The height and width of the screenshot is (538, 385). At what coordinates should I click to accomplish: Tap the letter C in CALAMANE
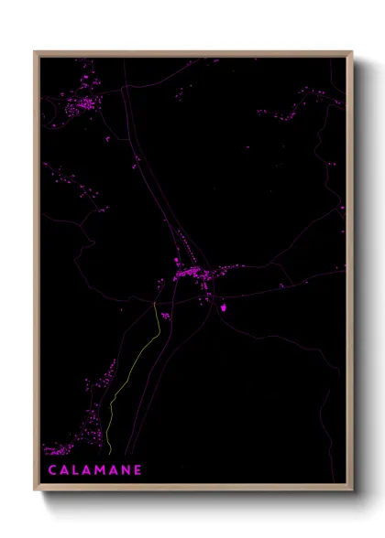pyautogui.click(x=51, y=470)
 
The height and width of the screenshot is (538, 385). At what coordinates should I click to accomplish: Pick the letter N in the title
pyautogui.click(x=126, y=470)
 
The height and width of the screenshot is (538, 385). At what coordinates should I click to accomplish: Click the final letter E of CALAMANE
pyautogui.click(x=138, y=470)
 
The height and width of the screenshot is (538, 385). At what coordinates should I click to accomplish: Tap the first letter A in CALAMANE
pyautogui.click(x=64, y=470)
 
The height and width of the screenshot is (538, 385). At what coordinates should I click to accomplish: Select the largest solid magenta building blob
pyautogui.click(x=223, y=308)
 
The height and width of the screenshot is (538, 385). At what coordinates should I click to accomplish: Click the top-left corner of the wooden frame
pyautogui.click(x=35, y=51)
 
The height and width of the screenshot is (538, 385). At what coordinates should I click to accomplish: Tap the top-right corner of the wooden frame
pyautogui.click(x=352, y=51)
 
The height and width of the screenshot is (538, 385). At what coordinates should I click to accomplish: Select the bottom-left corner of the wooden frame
pyautogui.click(x=35, y=490)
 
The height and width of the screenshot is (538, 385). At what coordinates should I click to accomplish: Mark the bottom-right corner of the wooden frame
pyautogui.click(x=352, y=490)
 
